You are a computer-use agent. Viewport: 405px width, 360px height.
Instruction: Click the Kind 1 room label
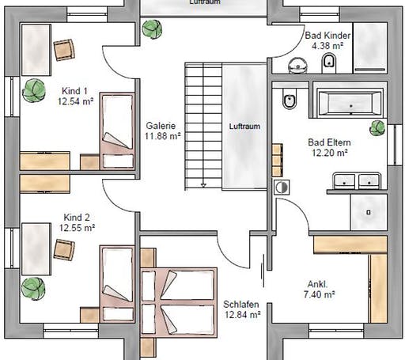[x=74, y=91]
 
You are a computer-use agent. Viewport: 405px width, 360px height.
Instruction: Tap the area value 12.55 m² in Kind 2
[x=77, y=228]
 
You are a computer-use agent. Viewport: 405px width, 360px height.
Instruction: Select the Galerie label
[x=161, y=126]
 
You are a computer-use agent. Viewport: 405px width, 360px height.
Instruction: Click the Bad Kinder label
[x=327, y=36]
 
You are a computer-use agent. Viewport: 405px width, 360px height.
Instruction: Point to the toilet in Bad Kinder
[x=329, y=63]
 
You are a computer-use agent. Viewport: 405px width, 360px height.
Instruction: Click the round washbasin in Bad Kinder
[x=297, y=65]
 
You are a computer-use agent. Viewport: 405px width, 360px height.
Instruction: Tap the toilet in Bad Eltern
[x=290, y=99]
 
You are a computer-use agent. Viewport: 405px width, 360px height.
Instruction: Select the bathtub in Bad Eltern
[x=350, y=103]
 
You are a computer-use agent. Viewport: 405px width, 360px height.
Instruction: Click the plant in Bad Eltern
[x=377, y=128]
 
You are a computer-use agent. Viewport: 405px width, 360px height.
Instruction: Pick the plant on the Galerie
[x=152, y=29]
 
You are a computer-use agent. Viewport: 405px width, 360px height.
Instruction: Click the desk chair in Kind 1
[x=64, y=50]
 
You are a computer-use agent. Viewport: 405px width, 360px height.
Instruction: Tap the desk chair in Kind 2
[x=64, y=250]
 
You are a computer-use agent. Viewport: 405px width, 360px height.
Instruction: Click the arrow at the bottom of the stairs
[x=203, y=185]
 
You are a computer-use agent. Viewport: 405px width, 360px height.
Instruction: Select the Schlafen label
[x=241, y=305]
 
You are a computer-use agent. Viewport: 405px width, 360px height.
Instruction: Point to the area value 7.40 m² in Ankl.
[x=319, y=294]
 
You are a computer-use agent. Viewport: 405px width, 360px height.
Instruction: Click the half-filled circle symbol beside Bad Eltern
[x=282, y=188]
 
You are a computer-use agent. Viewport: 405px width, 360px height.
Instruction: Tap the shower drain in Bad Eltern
[x=369, y=212]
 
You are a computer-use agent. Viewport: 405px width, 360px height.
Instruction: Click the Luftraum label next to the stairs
[x=244, y=127]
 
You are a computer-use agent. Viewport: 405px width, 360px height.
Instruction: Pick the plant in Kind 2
[x=33, y=289]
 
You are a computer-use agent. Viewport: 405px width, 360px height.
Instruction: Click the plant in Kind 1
[x=34, y=90]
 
